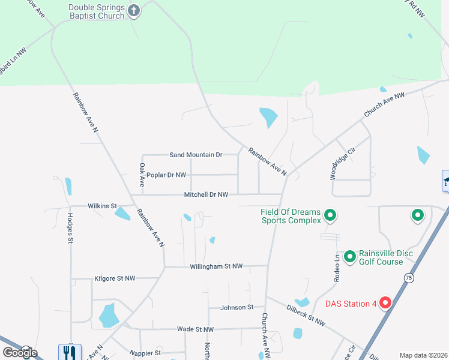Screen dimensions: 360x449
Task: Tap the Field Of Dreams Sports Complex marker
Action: (x=330, y=215)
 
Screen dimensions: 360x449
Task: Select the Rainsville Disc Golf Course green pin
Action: (x=349, y=257)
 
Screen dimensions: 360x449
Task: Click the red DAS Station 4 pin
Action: (x=385, y=304)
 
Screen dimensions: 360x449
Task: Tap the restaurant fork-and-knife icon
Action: (x=68, y=352)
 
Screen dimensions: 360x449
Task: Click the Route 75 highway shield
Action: (x=409, y=278)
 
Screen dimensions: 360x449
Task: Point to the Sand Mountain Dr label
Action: (x=196, y=155)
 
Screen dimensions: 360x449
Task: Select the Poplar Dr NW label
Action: (x=166, y=175)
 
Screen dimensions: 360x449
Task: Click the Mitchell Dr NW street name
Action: (x=206, y=194)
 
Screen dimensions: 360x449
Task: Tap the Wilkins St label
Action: (x=102, y=206)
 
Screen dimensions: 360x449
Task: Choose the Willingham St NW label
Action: (x=216, y=266)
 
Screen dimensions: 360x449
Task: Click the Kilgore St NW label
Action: (x=115, y=278)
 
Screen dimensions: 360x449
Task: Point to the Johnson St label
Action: (x=237, y=307)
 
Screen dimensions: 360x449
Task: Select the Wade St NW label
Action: (x=195, y=329)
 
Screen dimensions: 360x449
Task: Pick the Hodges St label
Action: (x=70, y=228)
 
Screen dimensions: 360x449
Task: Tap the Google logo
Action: (x=20, y=352)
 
